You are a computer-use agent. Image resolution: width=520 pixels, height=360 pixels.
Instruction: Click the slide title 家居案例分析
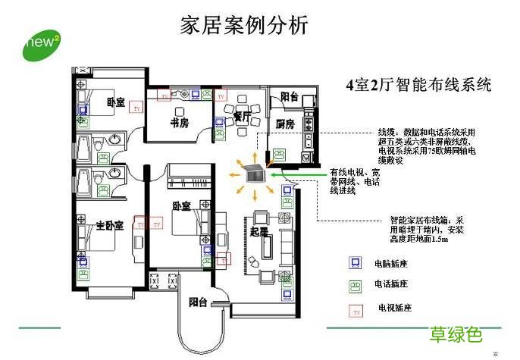click(245, 25)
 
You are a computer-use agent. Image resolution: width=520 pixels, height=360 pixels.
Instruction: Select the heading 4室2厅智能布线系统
click(418, 84)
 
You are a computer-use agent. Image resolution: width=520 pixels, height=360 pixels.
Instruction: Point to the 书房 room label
click(180, 121)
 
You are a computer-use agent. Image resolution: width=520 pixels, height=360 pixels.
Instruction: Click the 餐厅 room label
click(242, 116)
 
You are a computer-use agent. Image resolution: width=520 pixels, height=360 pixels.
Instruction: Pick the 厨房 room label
click(285, 123)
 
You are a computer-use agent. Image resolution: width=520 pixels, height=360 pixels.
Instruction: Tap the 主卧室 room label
click(108, 226)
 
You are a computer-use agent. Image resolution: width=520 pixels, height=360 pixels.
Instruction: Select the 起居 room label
click(259, 233)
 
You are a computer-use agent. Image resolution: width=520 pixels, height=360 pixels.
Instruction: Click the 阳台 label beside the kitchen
click(289, 97)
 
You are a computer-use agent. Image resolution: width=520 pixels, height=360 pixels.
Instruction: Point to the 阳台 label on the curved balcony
click(198, 302)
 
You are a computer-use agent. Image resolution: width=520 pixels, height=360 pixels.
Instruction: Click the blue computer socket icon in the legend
click(353, 264)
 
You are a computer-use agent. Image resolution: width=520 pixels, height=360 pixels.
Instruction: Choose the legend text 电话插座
click(391, 285)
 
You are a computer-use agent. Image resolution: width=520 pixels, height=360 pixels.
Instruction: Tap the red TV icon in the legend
click(353, 309)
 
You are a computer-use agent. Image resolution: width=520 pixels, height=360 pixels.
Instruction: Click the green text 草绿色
click(456, 334)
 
